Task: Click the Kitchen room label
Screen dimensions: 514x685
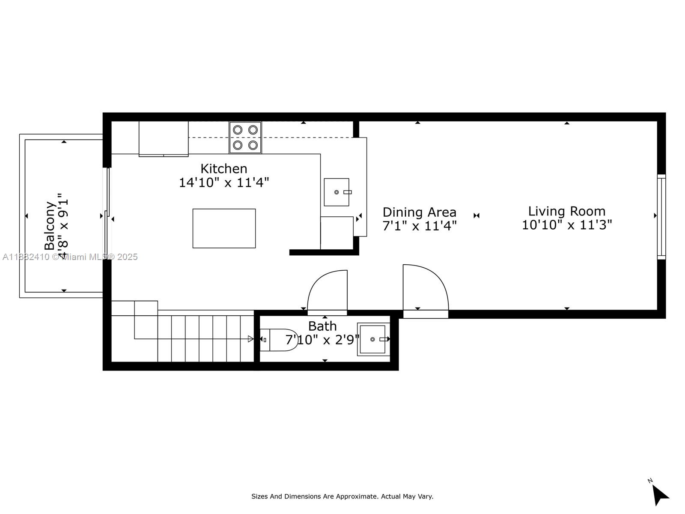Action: coord(224,168)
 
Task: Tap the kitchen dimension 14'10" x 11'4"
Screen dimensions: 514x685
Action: coord(224,182)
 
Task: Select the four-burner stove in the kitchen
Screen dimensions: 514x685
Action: coord(245,137)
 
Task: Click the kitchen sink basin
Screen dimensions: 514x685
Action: coord(337,192)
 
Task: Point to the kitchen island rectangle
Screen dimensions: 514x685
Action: coord(224,228)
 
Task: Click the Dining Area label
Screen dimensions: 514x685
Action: coord(419,212)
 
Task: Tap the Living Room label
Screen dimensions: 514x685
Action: coord(566,211)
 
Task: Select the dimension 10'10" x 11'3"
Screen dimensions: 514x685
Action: coord(566,225)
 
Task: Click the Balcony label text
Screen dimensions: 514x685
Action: coord(50,225)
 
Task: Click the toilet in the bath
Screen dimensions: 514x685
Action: coord(278,340)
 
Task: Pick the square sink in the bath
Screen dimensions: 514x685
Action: coord(372,339)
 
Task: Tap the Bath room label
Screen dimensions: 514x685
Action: coord(322,326)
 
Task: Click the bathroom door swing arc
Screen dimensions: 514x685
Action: coord(328,290)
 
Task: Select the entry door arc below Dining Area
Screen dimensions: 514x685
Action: coord(426,287)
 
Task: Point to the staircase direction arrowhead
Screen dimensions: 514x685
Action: coord(251,339)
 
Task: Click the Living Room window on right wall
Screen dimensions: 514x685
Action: coord(661,216)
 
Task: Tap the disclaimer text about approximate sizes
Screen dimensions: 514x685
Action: coord(342,496)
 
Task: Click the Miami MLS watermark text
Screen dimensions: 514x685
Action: coord(70,257)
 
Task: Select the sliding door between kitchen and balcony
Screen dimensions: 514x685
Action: coord(107,214)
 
